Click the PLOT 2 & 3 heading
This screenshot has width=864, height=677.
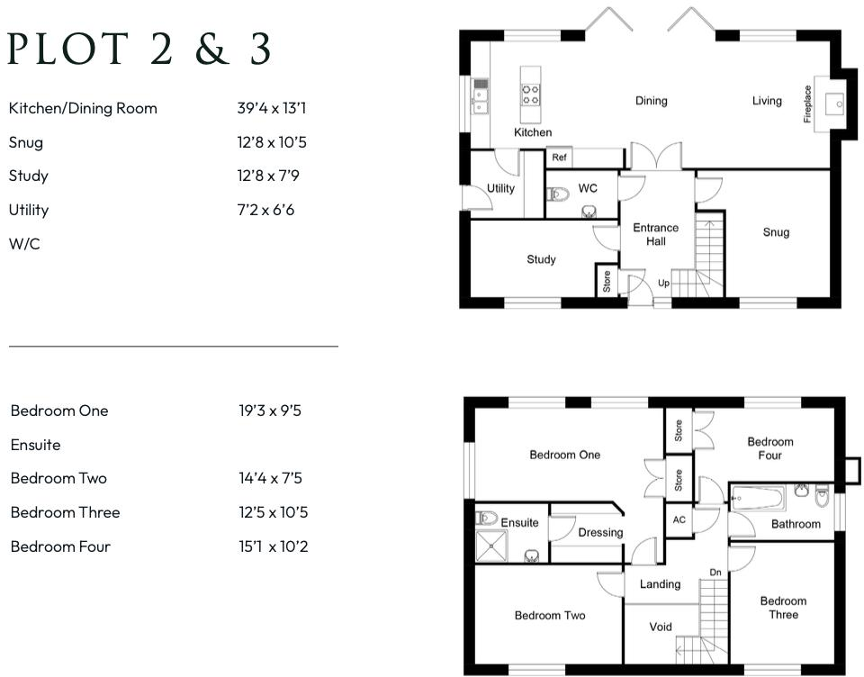(x=139, y=50)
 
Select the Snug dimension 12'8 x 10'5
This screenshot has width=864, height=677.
(x=273, y=142)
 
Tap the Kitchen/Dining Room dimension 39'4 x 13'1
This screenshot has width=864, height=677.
(x=273, y=108)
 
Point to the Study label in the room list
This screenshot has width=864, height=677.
(x=29, y=176)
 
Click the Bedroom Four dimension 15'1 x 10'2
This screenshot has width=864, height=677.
(x=274, y=546)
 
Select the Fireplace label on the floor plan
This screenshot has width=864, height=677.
(x=807, y=104)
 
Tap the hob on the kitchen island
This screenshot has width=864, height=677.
(x=531, y=94)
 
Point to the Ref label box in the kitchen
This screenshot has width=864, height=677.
(x=559, y=158)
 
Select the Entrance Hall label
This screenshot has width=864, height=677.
(x=655, y=234)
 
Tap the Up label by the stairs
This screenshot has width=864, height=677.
(x=663, y=283)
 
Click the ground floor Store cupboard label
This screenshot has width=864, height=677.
(x=607, y=282)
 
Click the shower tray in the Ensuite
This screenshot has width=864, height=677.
(x=491, y=546)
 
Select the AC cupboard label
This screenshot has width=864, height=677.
(x=678, y=519)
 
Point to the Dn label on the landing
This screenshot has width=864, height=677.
(x=715, y=572)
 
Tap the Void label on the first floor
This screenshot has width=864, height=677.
(x=661, y=627)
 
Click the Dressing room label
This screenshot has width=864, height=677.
(x=600, y=532)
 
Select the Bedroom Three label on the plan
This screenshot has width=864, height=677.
(x=783, y=608)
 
